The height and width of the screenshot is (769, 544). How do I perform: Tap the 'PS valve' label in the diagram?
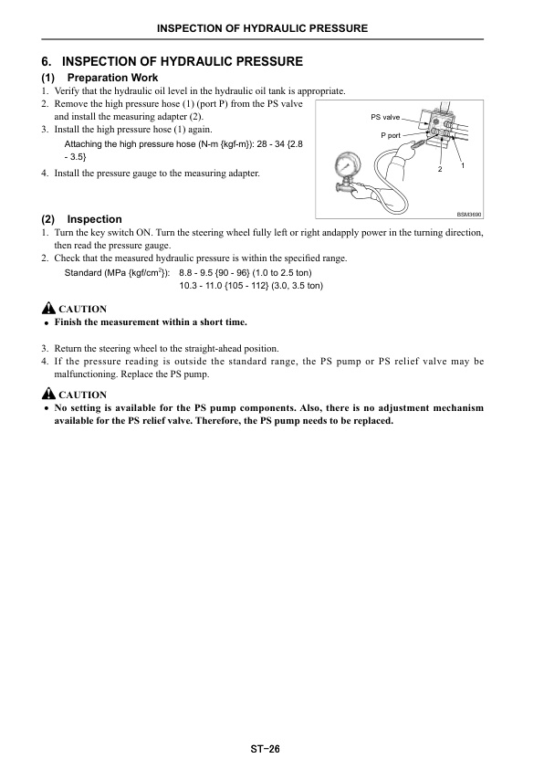(x=385, y=117)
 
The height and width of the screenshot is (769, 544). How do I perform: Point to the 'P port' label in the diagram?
(x=391, y=135)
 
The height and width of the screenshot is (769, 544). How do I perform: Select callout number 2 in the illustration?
(x=440, y=169)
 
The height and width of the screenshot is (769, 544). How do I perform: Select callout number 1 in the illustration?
(x=463, y=166)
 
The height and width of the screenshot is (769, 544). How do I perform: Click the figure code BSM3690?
(x=469, y=215)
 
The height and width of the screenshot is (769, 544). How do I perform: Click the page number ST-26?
(x=265, y=749)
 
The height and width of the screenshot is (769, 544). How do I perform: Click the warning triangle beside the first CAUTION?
(x=48, y=309)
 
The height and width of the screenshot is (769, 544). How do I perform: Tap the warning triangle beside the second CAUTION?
(x=48, y=394)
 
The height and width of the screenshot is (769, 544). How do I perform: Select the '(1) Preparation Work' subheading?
(x=99, y=78)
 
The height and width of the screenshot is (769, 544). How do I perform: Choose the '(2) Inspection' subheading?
(x=81, y=219)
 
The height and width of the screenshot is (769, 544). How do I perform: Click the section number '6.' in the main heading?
(x=47, y=62)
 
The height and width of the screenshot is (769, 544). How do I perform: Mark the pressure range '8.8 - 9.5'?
(x=195, y=273)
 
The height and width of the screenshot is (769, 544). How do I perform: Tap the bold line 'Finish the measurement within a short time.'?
(x=151, y=322)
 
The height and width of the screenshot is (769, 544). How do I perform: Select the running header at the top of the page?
(x=262, y=28)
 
